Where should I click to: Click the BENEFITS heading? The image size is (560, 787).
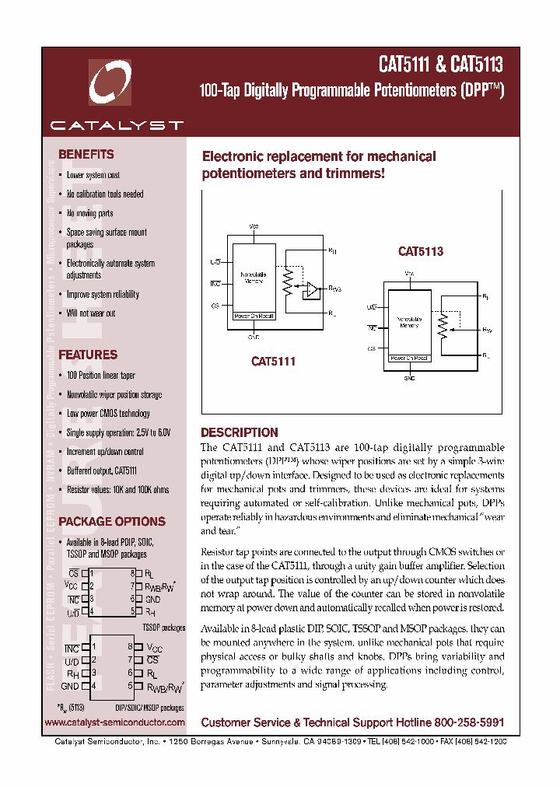[86, 155]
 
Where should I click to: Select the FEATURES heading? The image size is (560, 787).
[88, 355]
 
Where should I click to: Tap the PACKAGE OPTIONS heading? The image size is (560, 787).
[112, 522]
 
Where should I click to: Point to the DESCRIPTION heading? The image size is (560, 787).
[239, 432]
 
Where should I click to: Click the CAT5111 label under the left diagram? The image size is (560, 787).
[273, 362]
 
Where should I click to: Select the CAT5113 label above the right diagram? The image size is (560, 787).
[420, 252]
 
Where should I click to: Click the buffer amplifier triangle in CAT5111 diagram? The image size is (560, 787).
[312, 290]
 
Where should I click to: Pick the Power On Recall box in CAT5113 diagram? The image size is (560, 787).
[409, 359]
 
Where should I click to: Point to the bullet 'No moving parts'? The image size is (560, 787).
[89, 213]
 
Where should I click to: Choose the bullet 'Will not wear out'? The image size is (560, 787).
[90, 313]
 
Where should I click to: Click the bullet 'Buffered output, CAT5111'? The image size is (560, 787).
[101, 470]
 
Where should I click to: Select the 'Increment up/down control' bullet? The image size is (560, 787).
[104, 452]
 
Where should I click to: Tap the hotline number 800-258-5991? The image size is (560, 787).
[463, 722]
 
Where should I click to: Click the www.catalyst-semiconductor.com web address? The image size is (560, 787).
[115, 722]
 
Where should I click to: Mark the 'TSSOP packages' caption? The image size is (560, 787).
[163, 627]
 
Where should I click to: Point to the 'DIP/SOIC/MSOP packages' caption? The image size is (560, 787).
[149, 708]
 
